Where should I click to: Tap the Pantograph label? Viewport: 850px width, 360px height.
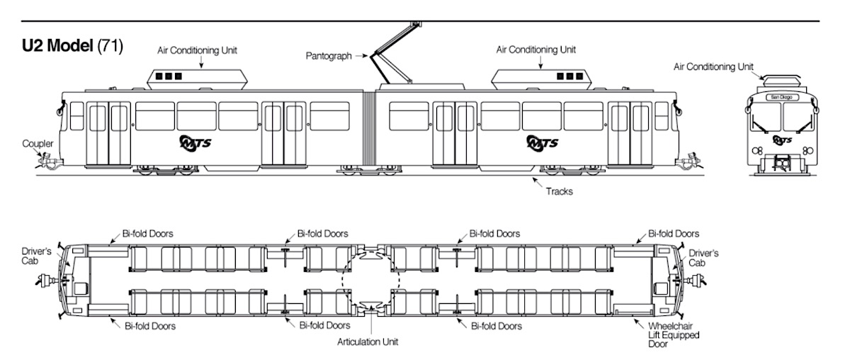pyautogui.click(x=329, y=55)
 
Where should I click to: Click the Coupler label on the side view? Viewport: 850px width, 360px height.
pyautogui.click(x=37, y=144)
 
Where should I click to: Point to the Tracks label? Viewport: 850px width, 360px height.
pyautogui.click(x=560, y=191)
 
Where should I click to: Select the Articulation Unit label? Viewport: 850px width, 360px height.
pyautogui.click(x=368, y=342)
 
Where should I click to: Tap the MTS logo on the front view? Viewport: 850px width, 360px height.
pyautogui.click(x=782, y=140)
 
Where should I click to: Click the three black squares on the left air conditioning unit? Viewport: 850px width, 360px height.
pyautogui.click(x=169, y=76)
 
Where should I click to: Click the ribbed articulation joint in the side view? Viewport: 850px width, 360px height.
pyautogui.click(x=369, y=131)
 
